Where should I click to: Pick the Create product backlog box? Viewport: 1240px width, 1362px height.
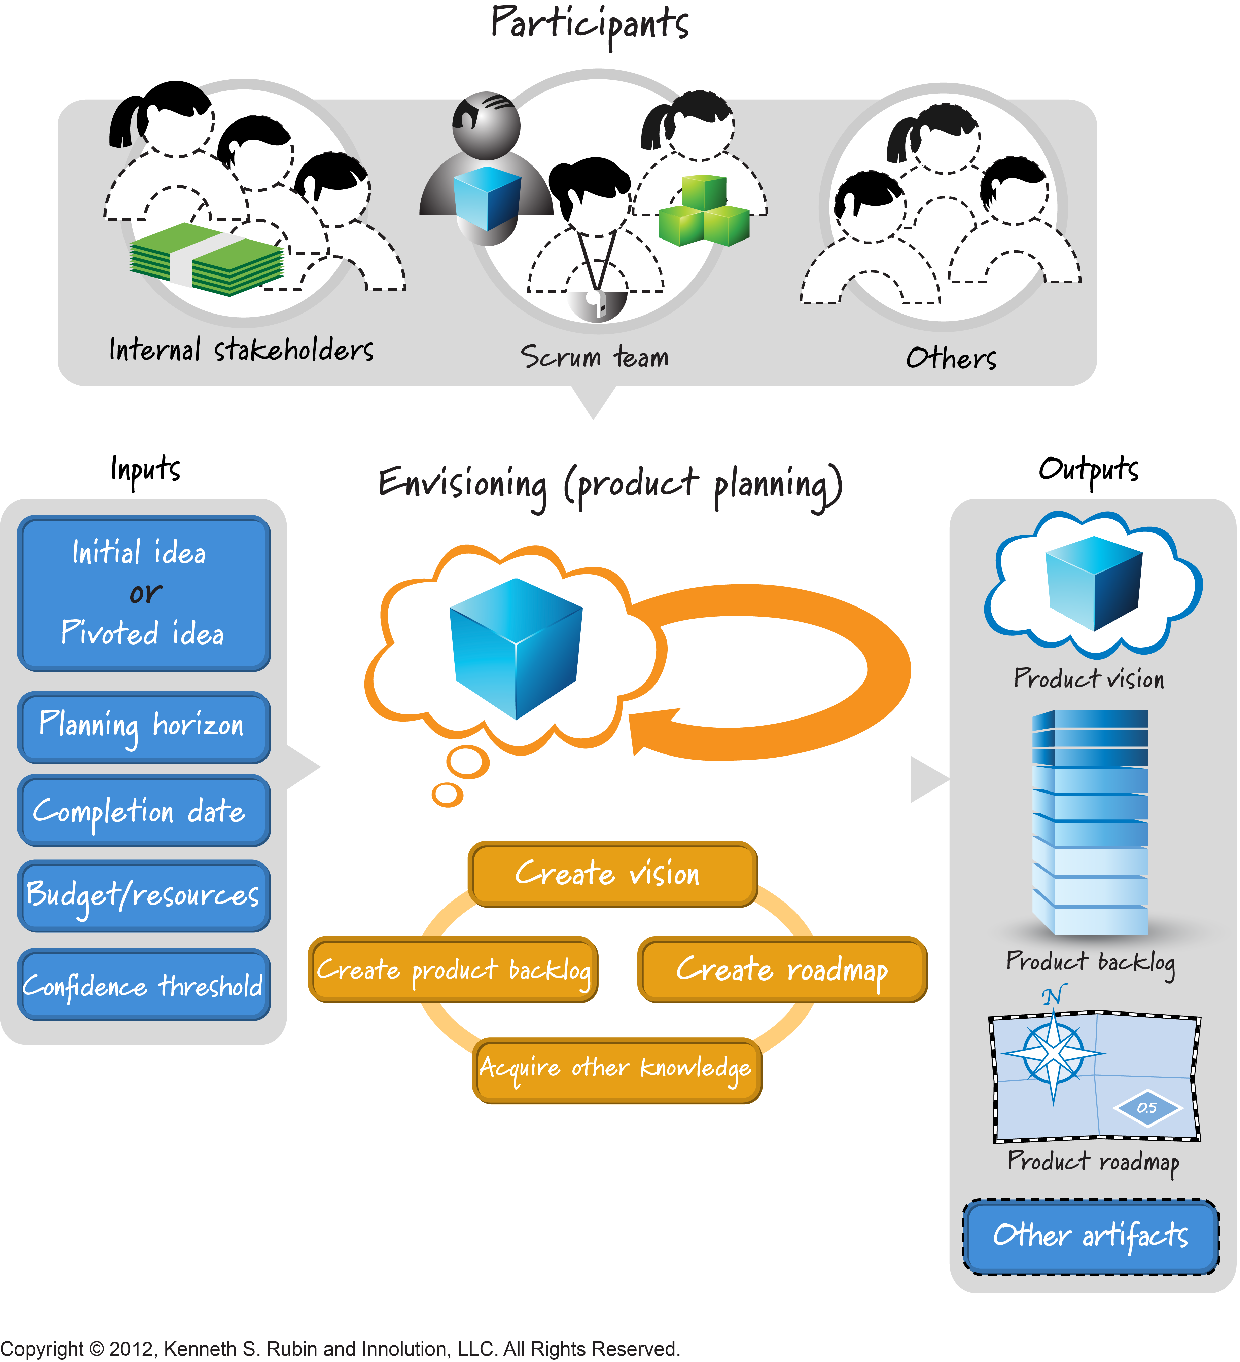(x=453, y=969)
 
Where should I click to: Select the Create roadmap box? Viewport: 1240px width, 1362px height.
(x=782, y=969)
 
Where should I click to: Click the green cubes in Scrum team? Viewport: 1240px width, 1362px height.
(x=704, y=213)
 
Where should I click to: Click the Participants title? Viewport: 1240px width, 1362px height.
(x=589, y=24)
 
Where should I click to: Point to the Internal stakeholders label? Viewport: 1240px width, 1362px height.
(x=241, y=350)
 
